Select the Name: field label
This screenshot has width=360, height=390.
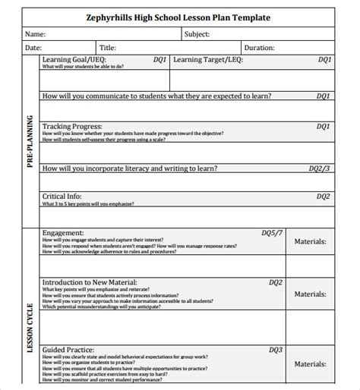coord(36,34)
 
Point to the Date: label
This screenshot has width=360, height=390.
coord(33,47)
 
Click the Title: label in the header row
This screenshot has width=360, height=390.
coord(108,47)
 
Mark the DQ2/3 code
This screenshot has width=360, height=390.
coord(319,168)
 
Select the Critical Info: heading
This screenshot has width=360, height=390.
coord(67,197)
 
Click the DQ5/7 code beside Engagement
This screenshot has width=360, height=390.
coord(272,232)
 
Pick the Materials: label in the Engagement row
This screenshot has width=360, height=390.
coord(311,242)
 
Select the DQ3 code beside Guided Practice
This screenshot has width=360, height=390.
coord(275,350)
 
